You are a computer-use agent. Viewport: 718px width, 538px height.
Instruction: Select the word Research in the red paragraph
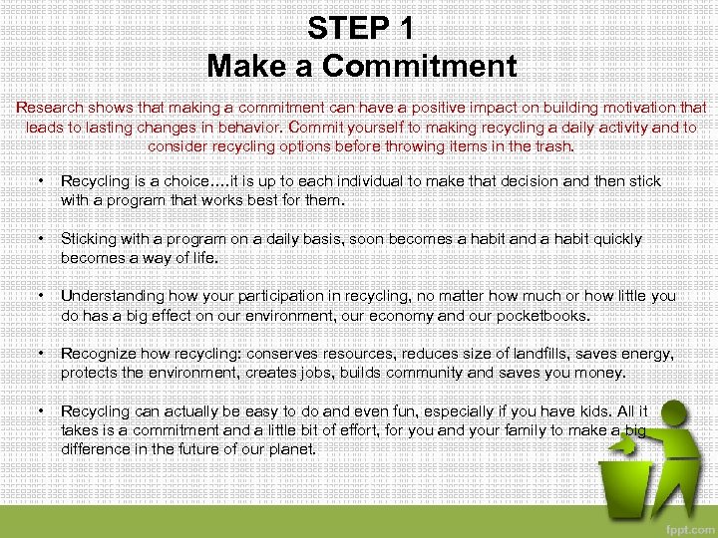pyautogui.click(x=52, y=108)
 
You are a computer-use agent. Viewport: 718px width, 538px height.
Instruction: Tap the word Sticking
pyautogui.click(x=91, y=239)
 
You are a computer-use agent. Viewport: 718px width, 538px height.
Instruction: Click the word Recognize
pyautogui.click(x=98, y=354)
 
